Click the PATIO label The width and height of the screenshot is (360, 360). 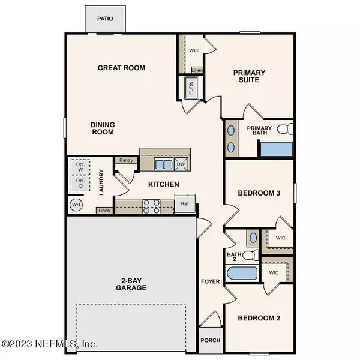click(x=105, y=19)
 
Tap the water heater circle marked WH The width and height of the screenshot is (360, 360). click(x=76, y=205)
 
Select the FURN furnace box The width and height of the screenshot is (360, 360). click(x=191, y=88)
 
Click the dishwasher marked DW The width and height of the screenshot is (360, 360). click(x=181, y=164)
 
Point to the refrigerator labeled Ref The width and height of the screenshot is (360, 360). click(x=185, y=203)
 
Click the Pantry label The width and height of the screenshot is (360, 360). click(x=126, y=160)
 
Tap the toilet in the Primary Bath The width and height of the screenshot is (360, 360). click(x=285, y=129)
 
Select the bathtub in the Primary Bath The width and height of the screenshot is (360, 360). click(x=276, y=149)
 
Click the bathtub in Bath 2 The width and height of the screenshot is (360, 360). click(x=242, y=273)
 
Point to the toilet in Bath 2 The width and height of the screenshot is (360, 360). click(x=250, y=255)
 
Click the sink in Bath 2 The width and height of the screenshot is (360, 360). click(x=253, y=238)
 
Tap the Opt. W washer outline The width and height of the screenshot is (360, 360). click(x=80, y=167)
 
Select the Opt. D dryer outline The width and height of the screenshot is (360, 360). click(x=80, y=183)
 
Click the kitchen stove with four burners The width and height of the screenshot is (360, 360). click(x=151, y=206)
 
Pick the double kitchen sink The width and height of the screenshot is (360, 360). click(x=164, y=164)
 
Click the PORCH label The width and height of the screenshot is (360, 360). click(x=211, y=340)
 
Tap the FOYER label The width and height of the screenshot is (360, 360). click(x=211, y=281)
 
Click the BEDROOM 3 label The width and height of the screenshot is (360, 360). click(x=259, y=193)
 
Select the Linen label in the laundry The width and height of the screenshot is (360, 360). click(x=104, y=211)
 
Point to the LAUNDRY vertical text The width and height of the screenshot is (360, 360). click(x=101, y=182)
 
